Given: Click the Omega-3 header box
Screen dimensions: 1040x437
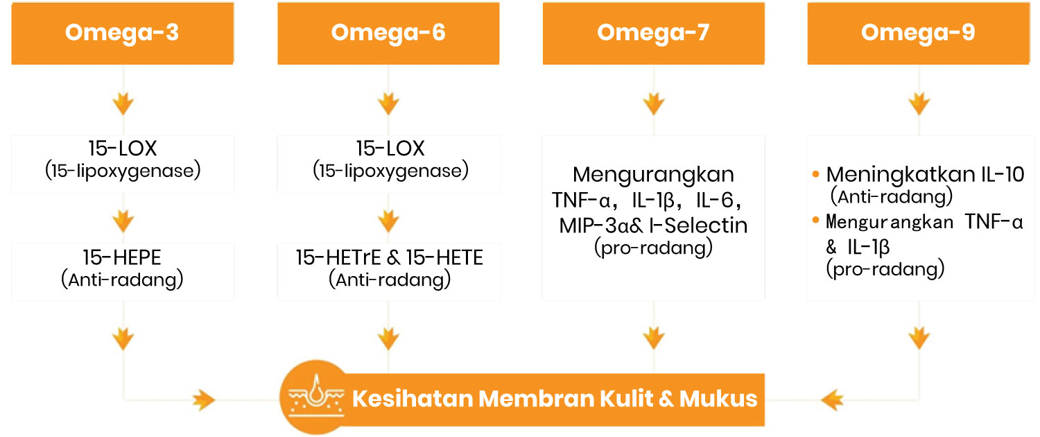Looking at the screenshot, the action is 123,33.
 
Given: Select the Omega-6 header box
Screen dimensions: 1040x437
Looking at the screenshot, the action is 388,33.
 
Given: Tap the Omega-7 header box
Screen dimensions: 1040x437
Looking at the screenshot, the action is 654,33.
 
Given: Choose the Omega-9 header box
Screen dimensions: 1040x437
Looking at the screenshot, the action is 919,33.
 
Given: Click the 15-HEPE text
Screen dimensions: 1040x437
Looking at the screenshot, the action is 122,257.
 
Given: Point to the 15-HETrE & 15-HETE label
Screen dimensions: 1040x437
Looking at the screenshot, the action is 390,257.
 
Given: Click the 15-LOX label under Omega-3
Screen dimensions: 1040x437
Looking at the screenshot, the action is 123,148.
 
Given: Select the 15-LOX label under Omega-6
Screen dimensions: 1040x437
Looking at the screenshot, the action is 390,148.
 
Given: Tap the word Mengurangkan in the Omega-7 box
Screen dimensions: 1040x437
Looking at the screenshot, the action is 653,175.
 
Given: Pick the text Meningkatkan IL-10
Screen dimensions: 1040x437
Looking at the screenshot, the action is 926,175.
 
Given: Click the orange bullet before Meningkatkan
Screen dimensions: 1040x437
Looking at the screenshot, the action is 816,174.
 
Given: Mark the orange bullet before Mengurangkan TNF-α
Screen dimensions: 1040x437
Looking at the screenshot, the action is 816,220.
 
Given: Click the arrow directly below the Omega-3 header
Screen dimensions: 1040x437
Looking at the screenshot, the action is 123,103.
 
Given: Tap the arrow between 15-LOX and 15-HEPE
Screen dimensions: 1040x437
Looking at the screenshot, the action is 123,221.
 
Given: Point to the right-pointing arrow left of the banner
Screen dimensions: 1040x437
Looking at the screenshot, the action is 204,400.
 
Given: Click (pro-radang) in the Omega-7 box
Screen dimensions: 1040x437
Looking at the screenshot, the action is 653,248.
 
